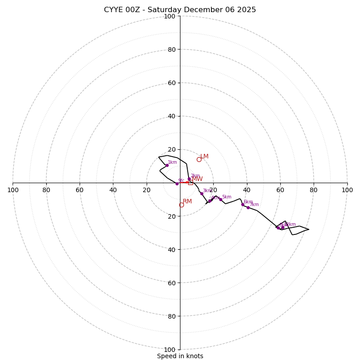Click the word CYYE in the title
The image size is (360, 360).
point(114,10)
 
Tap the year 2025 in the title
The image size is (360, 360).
point(247,10)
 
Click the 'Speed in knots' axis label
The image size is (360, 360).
point(180,356)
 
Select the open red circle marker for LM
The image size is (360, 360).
point(199,159)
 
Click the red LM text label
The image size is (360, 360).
point(204,156)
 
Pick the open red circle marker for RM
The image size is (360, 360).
point(181,205)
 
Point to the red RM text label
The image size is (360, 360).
point(187,201)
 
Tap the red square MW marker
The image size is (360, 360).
point(190,182)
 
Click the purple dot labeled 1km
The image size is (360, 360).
point(167,165)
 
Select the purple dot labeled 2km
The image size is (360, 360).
point(189,179)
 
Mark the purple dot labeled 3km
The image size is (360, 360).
point(202,193)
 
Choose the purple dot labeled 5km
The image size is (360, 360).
point(220,199)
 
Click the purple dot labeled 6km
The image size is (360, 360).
point(243,204)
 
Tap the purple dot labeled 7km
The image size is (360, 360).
point(248,207)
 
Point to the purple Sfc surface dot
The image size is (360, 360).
point(177,184)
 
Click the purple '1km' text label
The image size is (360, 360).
point(172,162)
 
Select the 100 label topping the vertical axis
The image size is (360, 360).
point(170,16)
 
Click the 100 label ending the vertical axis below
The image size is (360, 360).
point(170,349)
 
